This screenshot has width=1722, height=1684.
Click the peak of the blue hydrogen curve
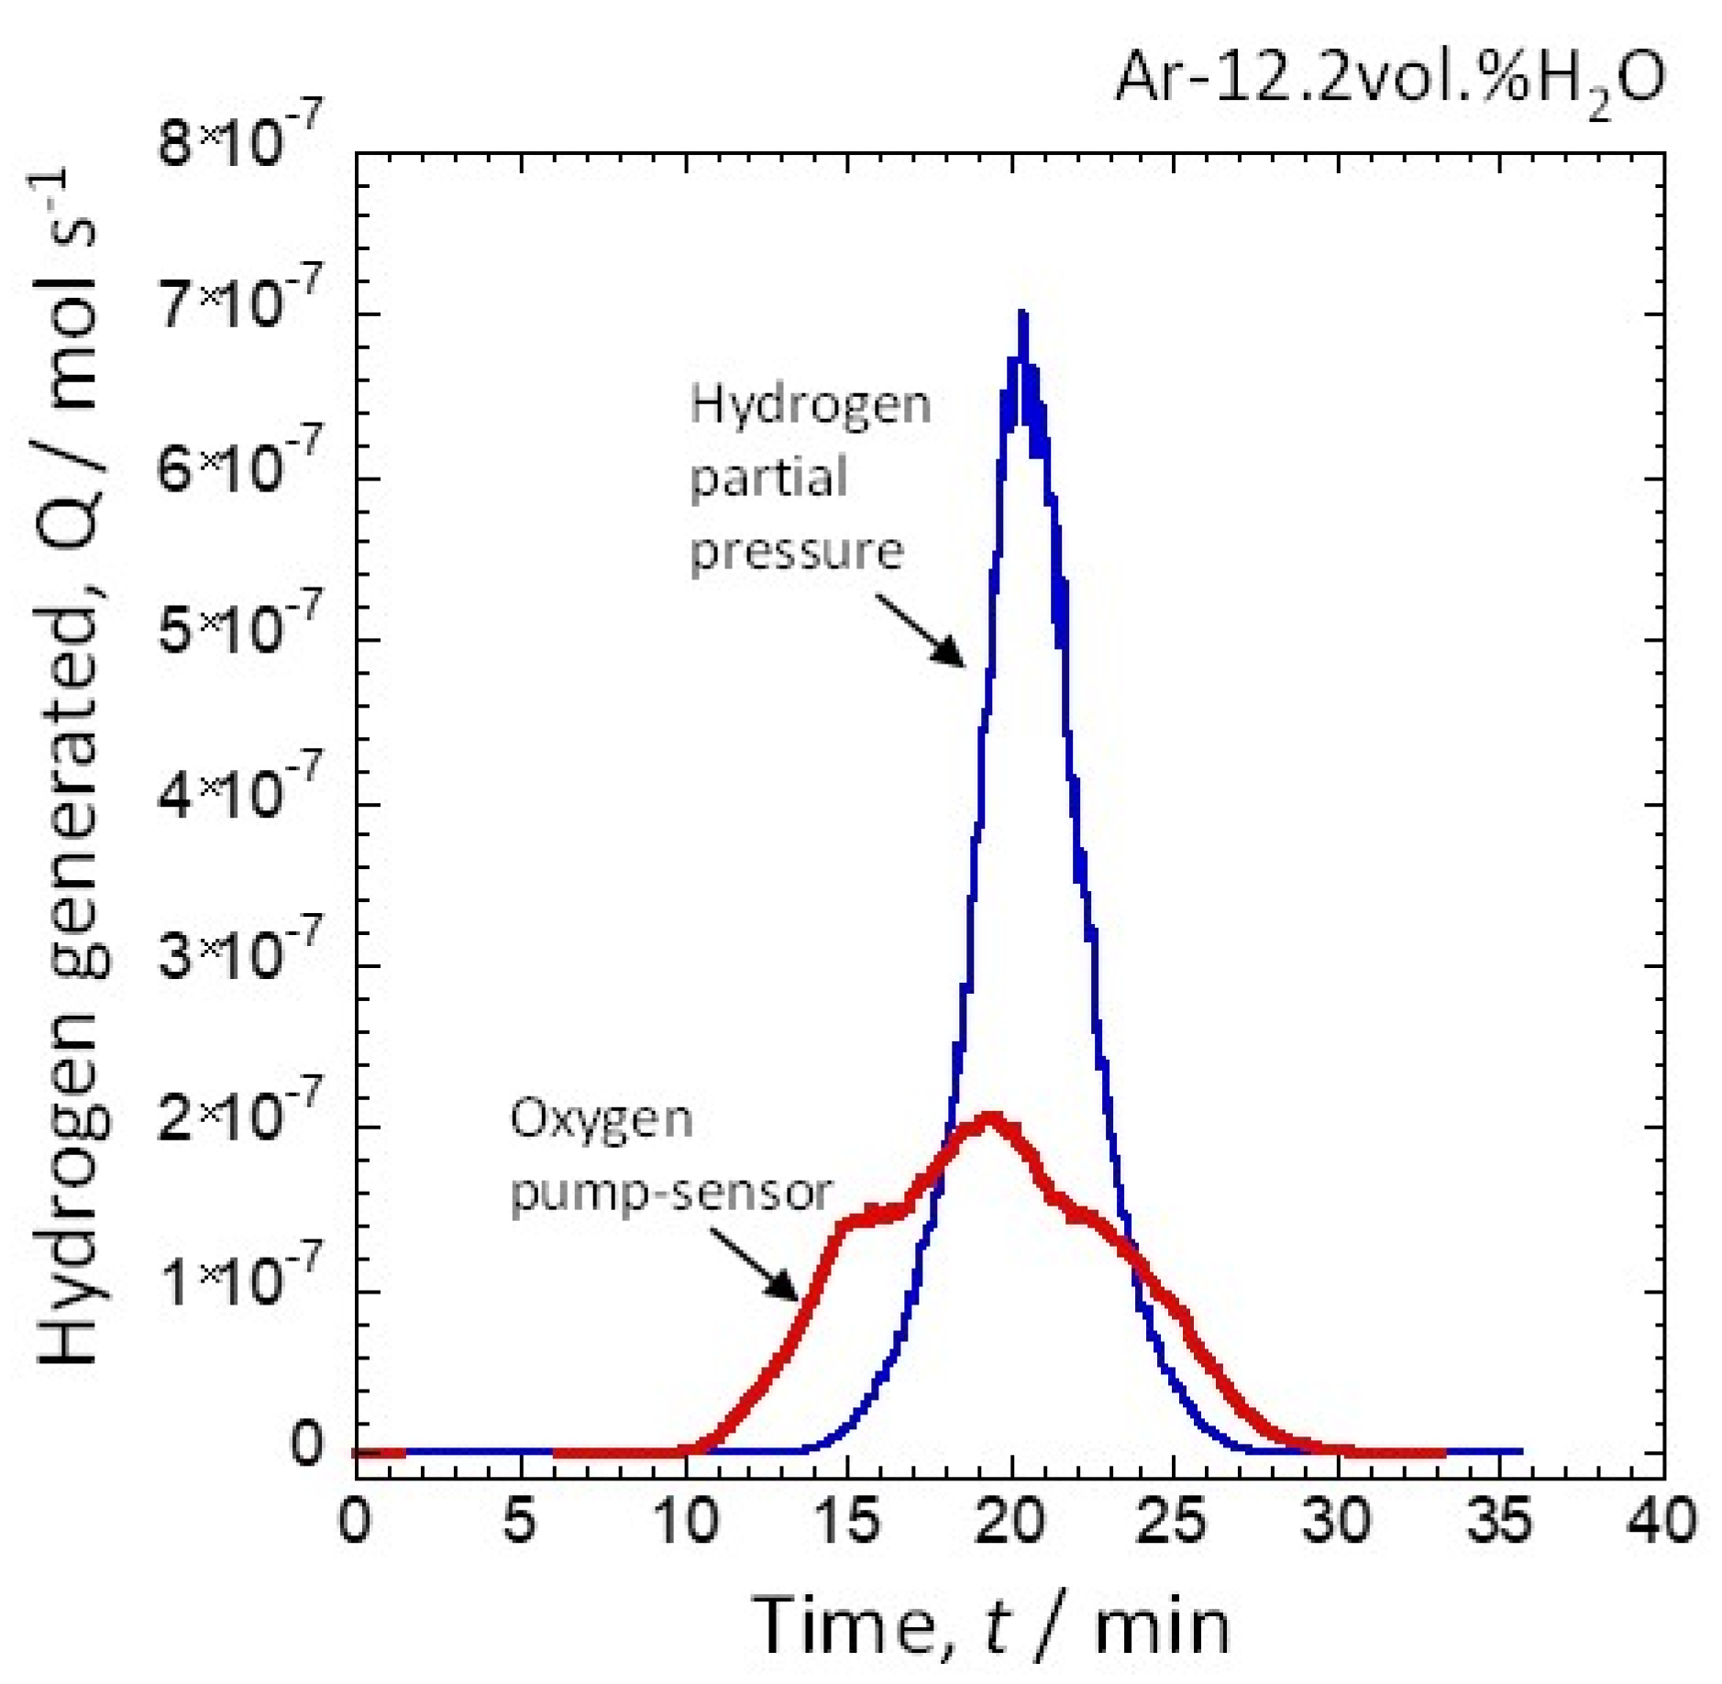click(1021, 314)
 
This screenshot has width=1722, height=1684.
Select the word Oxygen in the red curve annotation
click(602, 1120)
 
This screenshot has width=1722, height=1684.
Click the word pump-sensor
click(671, 1194)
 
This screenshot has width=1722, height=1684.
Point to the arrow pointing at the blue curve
click(920, 630)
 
